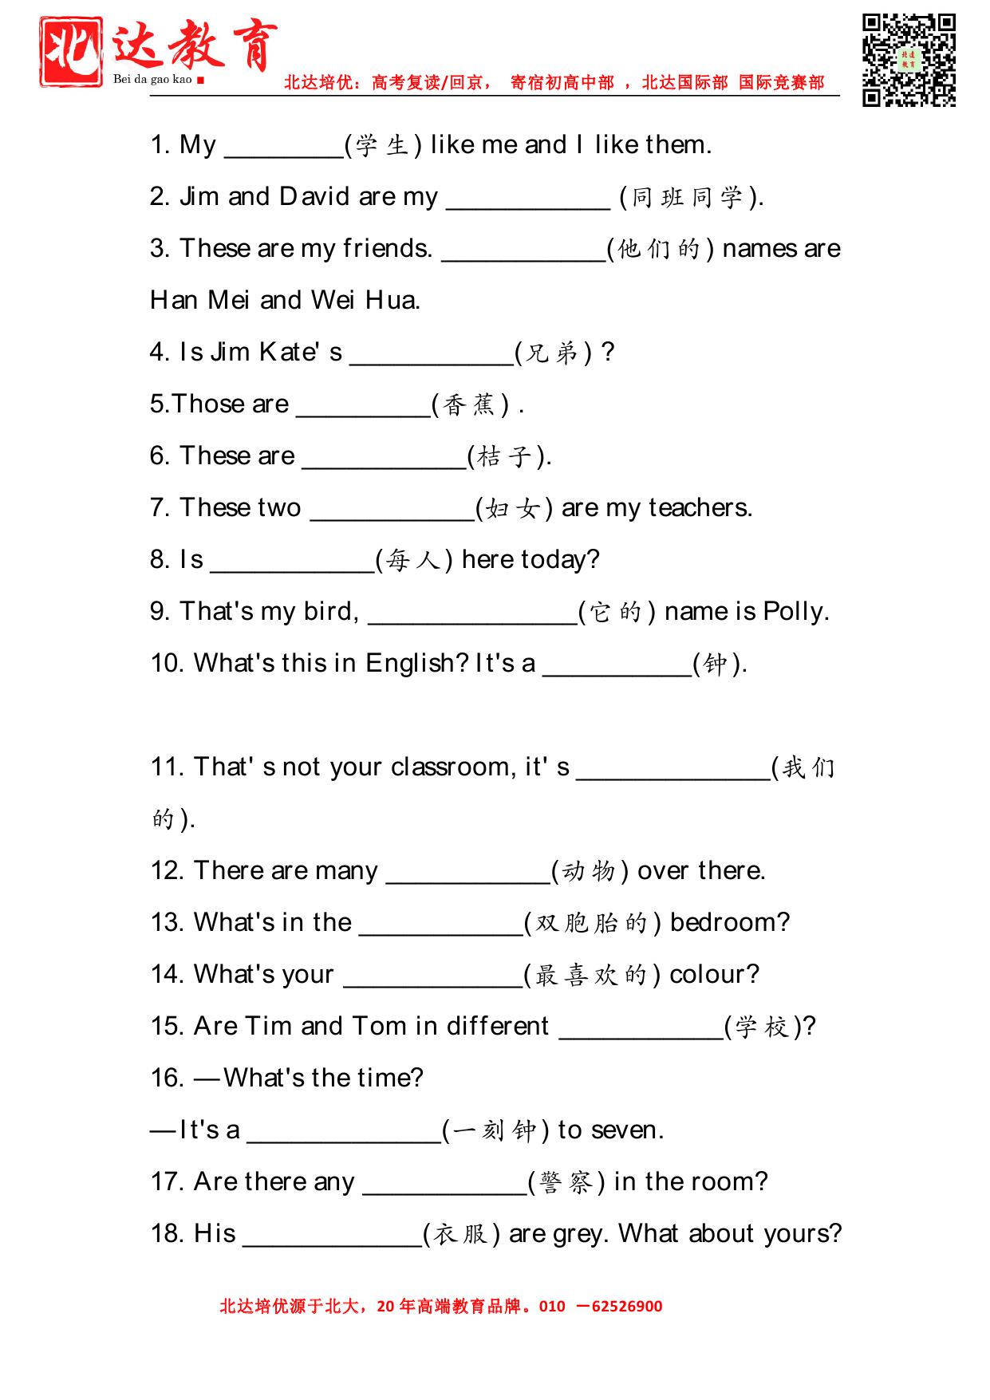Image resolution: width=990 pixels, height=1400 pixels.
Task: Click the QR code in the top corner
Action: tap(909, 60)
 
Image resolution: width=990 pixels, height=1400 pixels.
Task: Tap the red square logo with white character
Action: tap(71, 52)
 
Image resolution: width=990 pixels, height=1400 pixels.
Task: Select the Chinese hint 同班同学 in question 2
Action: tap(687, 197)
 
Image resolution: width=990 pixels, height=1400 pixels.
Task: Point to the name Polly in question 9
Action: tap(793, 611)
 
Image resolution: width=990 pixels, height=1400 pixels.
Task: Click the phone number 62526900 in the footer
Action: tap(627, 1307)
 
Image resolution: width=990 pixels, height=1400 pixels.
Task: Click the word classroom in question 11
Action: tap(452, 767)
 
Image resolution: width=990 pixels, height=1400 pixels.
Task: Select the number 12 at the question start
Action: tap(167, 870)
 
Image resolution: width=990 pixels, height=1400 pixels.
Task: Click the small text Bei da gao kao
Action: tap(152, 79)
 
